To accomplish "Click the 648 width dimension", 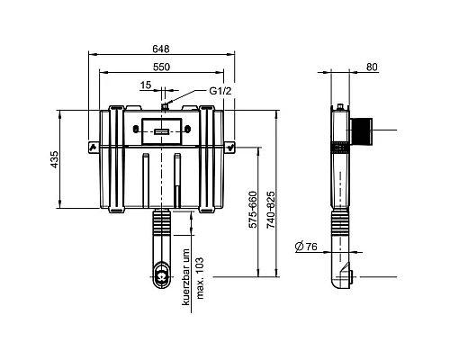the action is (x=161, y=49).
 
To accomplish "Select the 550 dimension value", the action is (x=161, y=67).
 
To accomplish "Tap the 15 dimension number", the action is (x=146, y=85).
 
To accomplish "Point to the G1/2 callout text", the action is (x=220, y=91).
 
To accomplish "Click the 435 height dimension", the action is (x=54, y=159).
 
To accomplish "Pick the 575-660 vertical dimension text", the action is (x=253, y=210).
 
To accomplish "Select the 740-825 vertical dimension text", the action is (x=271, y=210).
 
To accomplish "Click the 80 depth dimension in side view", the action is (x=372, y=67).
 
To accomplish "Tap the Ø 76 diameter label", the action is (x=306, y=247).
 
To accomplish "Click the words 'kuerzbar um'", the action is (x=186, y=277).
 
